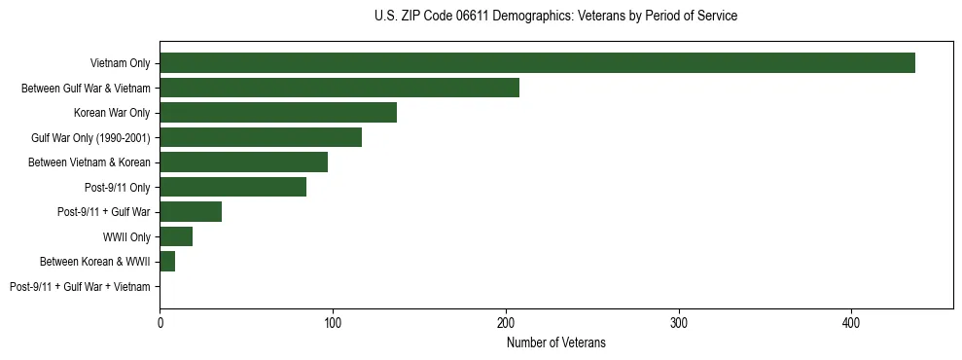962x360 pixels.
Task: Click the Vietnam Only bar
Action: point(537,63)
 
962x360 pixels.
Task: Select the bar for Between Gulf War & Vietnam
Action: point(339,88)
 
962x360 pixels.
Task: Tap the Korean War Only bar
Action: point(278,113)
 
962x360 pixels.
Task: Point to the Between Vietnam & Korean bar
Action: point(244,162)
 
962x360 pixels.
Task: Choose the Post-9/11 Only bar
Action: point(233,187)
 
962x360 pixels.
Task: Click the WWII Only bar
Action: point(176,236)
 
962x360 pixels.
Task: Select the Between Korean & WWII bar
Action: point(167,261)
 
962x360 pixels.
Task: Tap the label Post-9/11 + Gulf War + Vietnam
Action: point(80,287)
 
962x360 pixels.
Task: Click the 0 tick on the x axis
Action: point(160,322)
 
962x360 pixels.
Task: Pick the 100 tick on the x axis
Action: point(333,322)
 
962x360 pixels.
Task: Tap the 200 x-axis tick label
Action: point(506,322)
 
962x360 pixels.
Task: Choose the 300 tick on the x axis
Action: point(679,322)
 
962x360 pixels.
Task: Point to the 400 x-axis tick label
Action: point(851,322)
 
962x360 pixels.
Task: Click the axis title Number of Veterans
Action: point(555,342)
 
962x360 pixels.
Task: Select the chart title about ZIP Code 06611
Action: point(555,17)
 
